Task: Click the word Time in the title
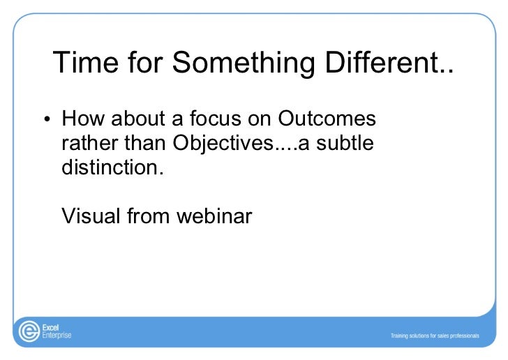point(86,62)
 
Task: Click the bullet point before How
point(47,119)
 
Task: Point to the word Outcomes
point(327,119)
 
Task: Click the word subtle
point(345,142)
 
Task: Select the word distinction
point(112,167)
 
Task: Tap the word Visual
point(91,216)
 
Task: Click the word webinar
point(214,216)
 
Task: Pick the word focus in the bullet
point(216,119)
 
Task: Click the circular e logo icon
point(29,331)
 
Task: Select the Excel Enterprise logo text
point(57,331)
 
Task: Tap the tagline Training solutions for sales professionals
point(435,336)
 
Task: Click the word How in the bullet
point(83,119)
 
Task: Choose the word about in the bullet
point(138,119)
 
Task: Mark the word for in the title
point(145,62)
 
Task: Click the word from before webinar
point(148,216)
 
